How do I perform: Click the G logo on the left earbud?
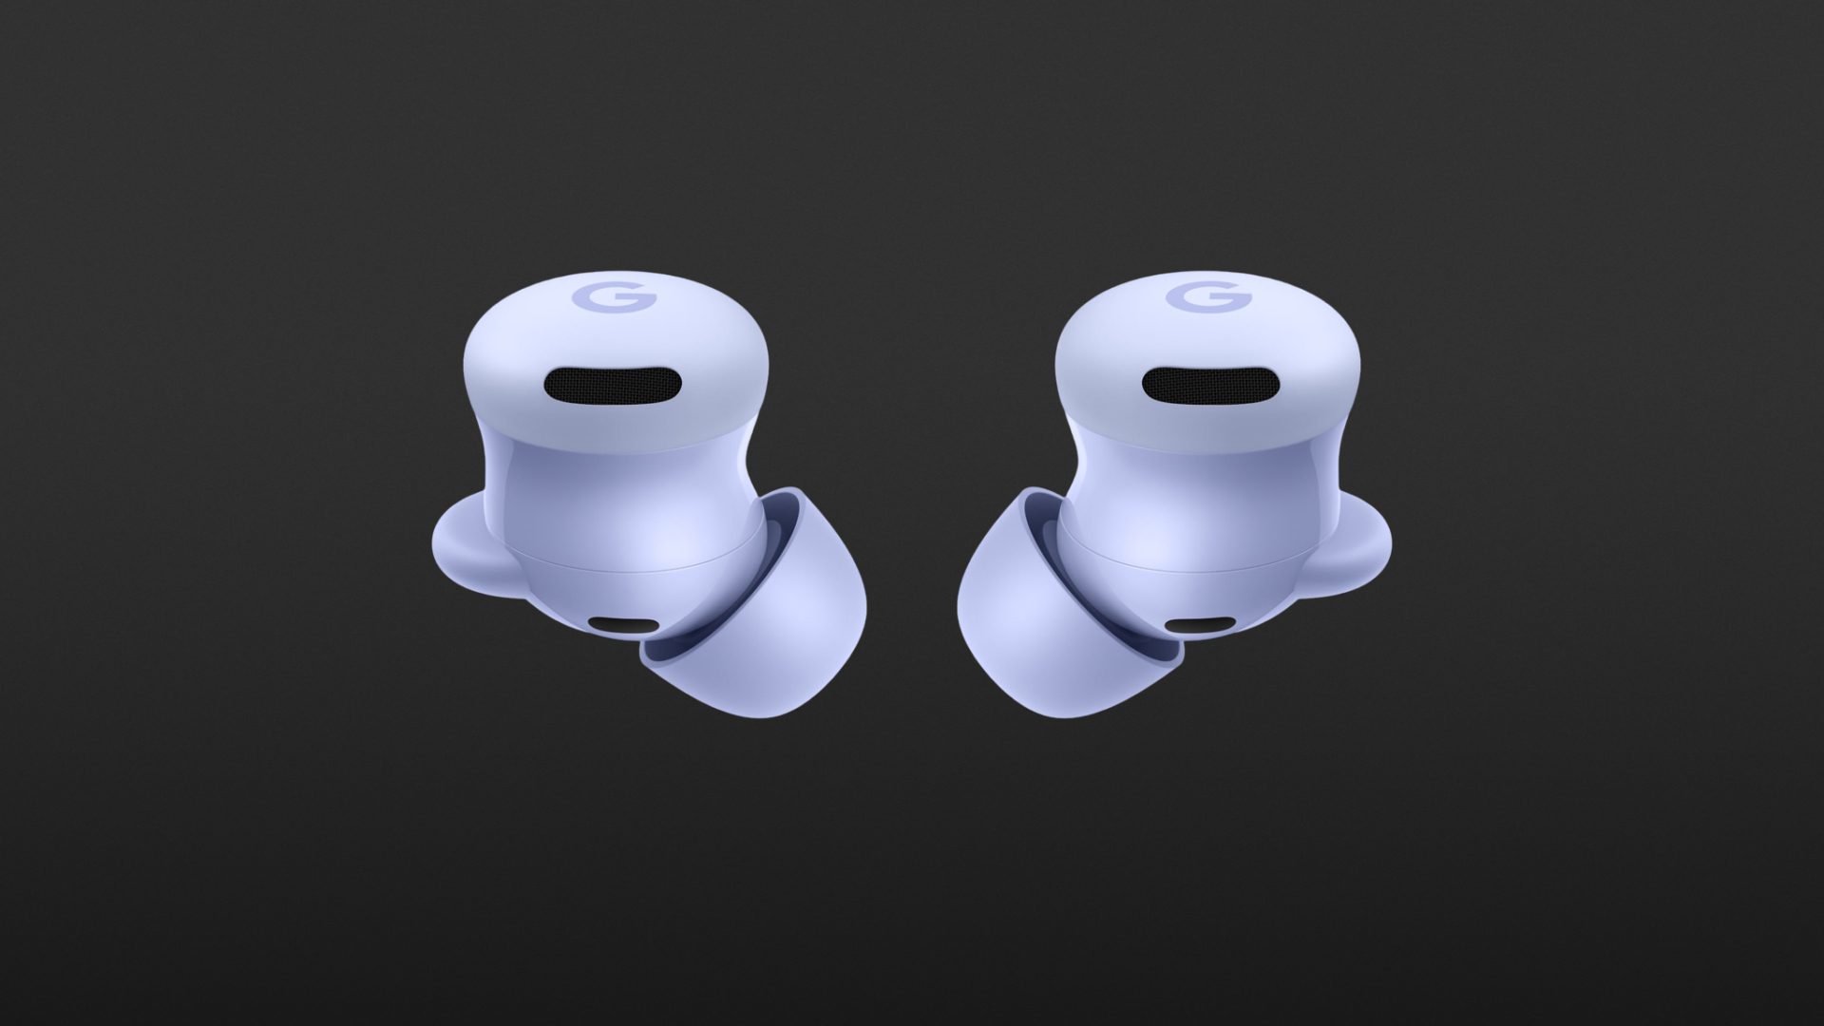pos(614,298)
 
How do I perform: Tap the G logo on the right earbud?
pos(1208,298)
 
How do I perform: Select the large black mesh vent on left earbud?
pos(613,386)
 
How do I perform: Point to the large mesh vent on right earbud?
pos(1209,386)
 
